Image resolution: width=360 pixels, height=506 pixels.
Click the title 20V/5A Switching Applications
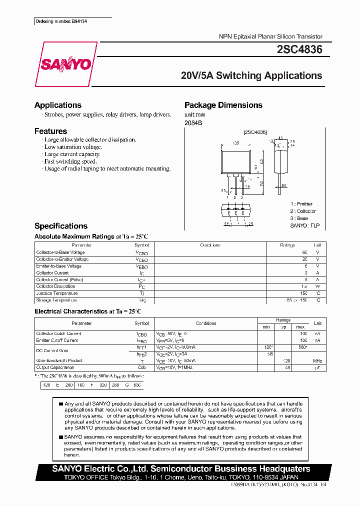251,76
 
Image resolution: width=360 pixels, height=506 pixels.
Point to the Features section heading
50,131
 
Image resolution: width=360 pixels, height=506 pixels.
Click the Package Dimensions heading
223,105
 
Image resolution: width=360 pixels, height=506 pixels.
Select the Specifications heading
60,226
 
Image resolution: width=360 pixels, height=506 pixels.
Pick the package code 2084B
193,122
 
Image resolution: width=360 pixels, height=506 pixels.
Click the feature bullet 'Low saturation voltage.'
73,147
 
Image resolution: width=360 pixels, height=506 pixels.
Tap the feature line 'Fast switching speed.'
70,161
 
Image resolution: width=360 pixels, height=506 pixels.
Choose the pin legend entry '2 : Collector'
303,211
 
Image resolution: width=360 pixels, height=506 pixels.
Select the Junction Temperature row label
56,293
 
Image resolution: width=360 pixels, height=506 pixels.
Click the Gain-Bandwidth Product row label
58,360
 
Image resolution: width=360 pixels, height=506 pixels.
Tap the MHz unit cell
317,360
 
